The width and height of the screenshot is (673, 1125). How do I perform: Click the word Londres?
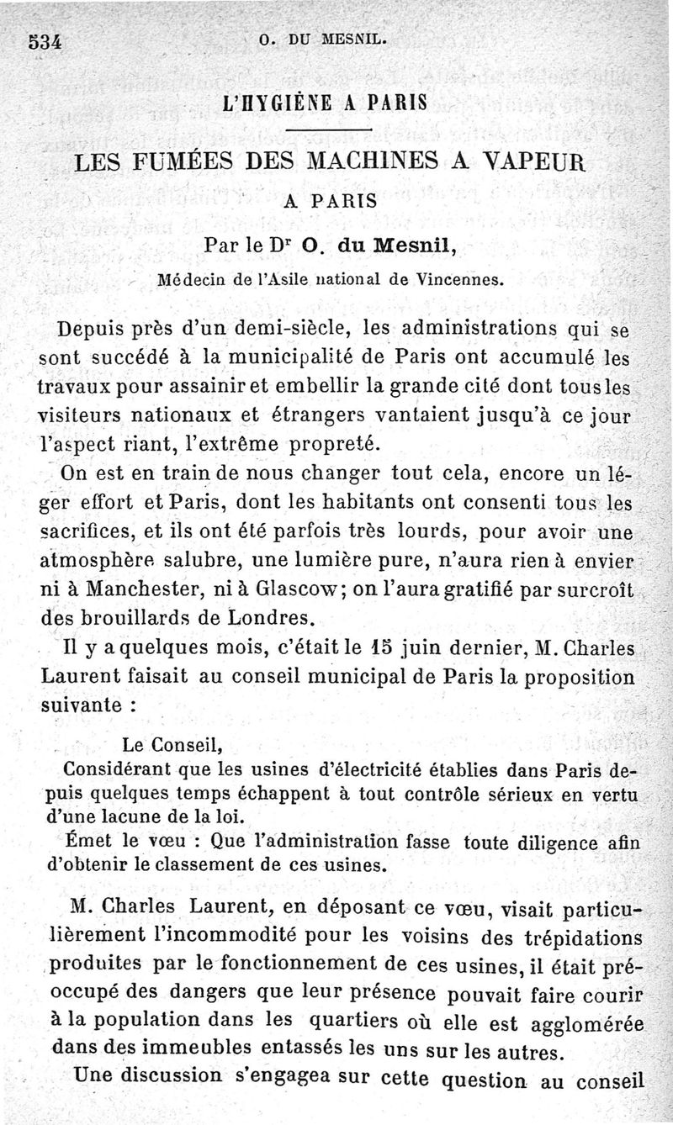pyautogui.click(x=263, y=618)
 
